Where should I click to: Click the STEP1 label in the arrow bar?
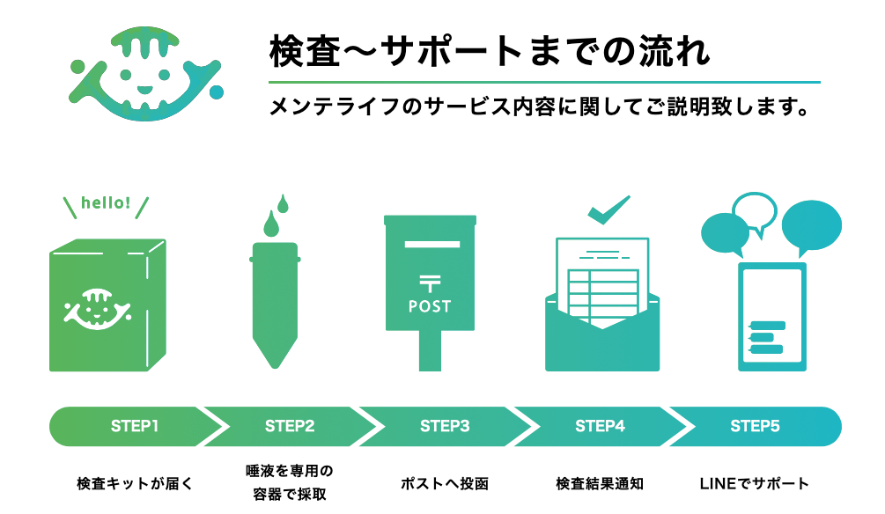(x=135, y=426)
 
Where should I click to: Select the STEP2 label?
(x=290, y=426)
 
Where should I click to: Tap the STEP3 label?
(x=445, y=426)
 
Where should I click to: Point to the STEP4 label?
(x=600, y=426)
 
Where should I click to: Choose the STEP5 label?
(x=756, y=426)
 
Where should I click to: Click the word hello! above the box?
(x=106, y=202)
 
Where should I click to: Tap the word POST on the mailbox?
(x=430, y=306)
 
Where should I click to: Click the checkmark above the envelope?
(x=608, y=209)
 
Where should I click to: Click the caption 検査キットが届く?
(x=135, y=483)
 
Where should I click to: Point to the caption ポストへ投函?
(x=445, y=483)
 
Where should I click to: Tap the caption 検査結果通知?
(x=600, y=483)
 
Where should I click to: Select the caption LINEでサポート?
(x=755, y=483)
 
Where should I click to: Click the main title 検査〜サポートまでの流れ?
(x=490, y=51)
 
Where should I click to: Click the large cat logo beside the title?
(x=145, y=73)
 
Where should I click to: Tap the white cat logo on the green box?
(x=97, y=309)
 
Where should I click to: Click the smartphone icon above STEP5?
(x=772, y=317)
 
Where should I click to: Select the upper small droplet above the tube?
(x=283, y=203)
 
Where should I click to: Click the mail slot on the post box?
(x=432, y=245)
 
